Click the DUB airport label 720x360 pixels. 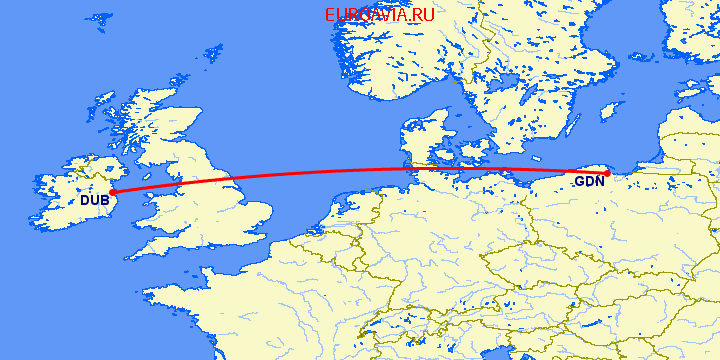[x=94, y=200]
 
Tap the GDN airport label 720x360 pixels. [x=589, y=182]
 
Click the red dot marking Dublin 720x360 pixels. [x=112, y=191]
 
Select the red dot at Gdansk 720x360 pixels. [x=607, y=173]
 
